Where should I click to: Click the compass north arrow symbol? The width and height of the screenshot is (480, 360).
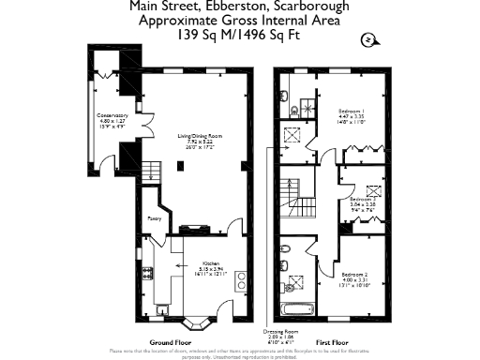coord(368,38)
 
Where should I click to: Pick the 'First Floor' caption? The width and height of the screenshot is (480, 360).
coord(329,343)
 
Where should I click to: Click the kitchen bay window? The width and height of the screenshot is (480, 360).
coord(198,323)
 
